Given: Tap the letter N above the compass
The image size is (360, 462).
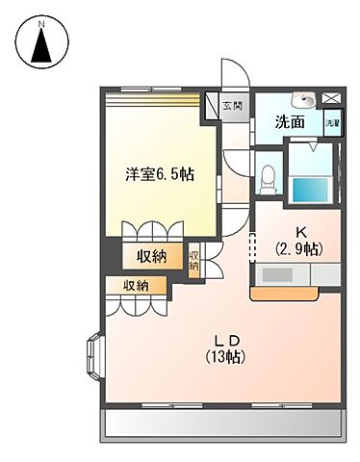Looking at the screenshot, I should tap(41, 19).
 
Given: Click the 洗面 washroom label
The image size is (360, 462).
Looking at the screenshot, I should tap(291, 123).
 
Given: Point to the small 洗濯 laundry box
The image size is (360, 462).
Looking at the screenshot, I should tap(332, 123).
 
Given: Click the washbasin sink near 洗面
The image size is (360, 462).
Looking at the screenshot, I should tap(305, 98).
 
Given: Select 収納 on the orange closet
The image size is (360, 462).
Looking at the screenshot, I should tap(136, 285).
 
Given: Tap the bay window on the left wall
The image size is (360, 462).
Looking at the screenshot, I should tap(96, 354).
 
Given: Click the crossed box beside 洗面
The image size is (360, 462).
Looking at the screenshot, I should tap(332, 98).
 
